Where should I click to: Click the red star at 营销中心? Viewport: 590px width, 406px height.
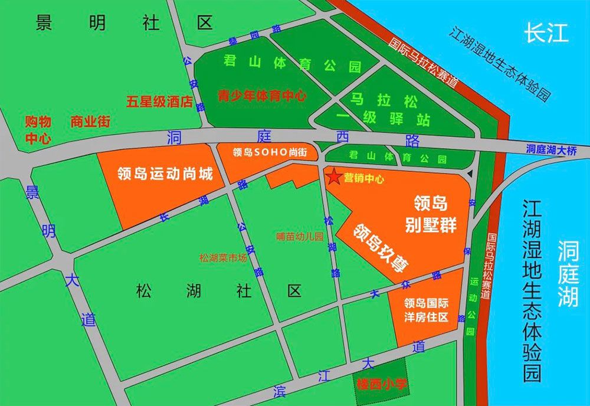333,176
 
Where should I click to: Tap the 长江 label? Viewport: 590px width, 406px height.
546,33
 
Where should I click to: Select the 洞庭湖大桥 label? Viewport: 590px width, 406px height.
552,150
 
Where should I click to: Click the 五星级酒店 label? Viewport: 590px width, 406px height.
160,102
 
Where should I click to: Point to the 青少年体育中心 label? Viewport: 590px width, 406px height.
262,96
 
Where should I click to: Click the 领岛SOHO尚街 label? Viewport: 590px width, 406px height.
270,152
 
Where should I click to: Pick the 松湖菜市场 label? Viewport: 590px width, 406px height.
222,257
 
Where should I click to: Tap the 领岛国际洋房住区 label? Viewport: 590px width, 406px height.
426,310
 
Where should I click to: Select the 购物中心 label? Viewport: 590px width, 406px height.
38,130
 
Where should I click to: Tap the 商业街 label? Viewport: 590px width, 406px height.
90,122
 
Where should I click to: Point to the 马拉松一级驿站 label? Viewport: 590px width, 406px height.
390,109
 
